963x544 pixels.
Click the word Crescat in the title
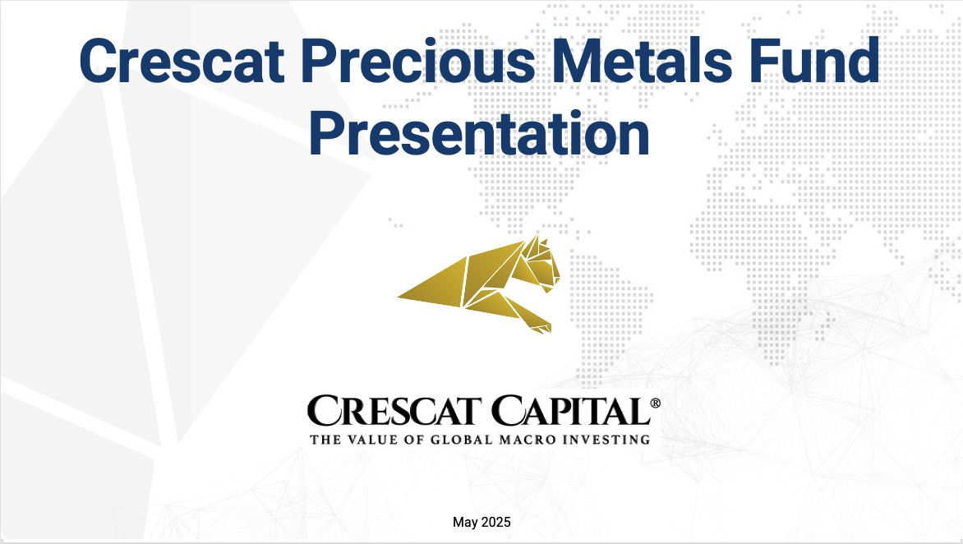[182, 61]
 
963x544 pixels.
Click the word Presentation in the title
[479, 135]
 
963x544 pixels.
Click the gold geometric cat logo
[479, 284]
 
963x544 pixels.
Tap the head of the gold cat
[541, 261]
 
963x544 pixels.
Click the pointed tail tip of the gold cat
[400, 297]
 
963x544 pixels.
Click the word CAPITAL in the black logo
[570, 411]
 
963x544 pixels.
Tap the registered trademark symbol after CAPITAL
[655, 403]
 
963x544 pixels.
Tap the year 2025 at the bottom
[495, 522]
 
